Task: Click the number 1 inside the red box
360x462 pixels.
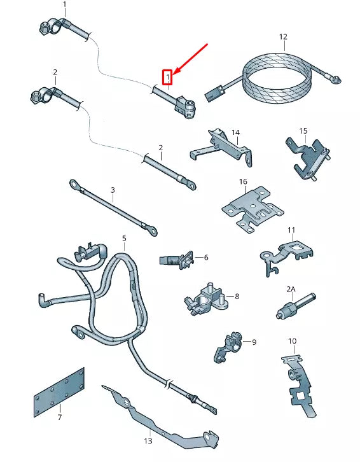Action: tap(168, 78)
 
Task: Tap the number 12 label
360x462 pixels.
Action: tap(283, 37)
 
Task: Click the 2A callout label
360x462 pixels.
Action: tap(291, 289)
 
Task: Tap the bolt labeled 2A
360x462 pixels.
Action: tap(289, 309)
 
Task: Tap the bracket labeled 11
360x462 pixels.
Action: tap(286, 254)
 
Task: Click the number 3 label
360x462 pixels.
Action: tap(113, 190)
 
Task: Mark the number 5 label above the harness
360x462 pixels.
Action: tap(124, 239)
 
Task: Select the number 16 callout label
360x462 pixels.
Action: tap(243, 182)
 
